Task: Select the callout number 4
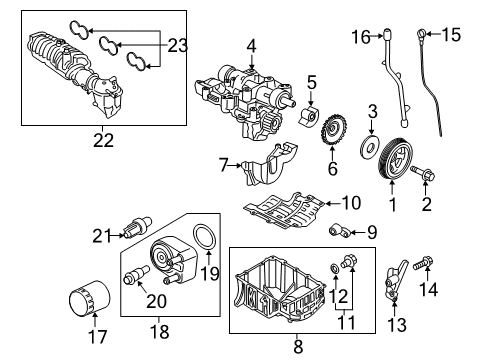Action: click(x=251, y=44)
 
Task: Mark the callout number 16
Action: click(x=360, y=37)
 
